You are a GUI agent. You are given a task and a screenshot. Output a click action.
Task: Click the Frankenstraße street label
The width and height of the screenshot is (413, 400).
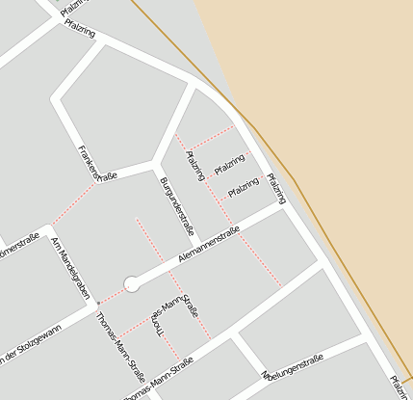pos(97,164)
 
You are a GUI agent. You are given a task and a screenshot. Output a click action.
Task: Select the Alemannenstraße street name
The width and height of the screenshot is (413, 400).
pos(209,245)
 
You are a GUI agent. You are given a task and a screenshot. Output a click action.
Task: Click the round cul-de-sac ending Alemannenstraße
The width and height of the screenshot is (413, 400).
pos(132,283)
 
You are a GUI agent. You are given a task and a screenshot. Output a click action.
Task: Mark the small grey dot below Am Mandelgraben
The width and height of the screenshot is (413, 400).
pos(97,304)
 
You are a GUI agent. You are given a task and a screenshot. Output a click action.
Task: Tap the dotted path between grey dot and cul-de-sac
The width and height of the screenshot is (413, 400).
pos(114,294)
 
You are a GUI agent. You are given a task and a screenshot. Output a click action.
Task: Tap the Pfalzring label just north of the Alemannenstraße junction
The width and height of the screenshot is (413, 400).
pos(276,187)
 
